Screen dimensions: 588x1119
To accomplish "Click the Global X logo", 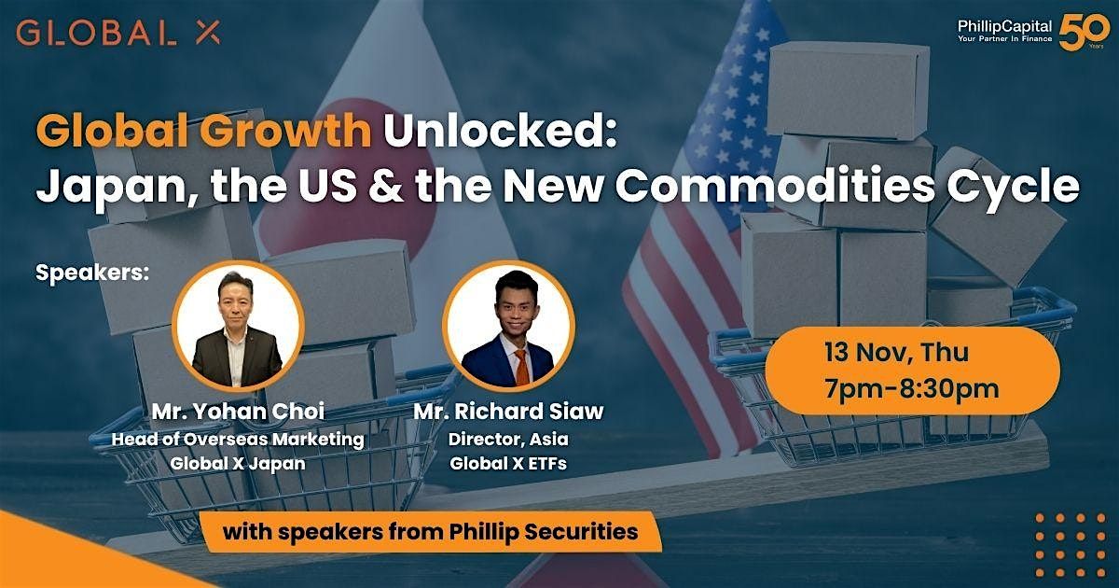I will point(118,34).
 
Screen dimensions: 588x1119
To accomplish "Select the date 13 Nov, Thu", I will point(896,354).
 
